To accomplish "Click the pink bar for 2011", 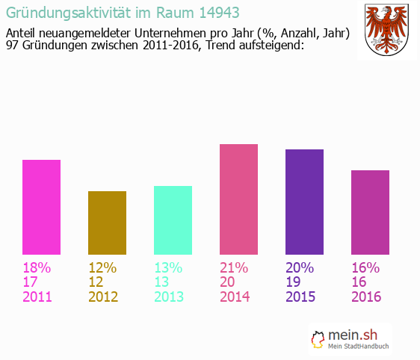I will coord(41,208).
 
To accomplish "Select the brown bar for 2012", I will coord(107,223).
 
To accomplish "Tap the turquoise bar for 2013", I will coord(173,221).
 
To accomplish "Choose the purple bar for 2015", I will coord(304,202).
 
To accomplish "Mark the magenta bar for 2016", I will coord(370,213).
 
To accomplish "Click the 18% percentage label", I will coord(37,267).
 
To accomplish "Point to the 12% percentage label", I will coord(102,267).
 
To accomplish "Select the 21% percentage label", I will coord(234,267).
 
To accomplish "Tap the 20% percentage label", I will coord(300,267).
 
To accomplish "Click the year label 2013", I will coord(169,297).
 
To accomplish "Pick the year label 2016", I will coord(366,297).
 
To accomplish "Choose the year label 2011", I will coord(37,297).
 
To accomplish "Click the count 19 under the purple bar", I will coord(294,282).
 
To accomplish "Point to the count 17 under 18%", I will coord(31,282).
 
